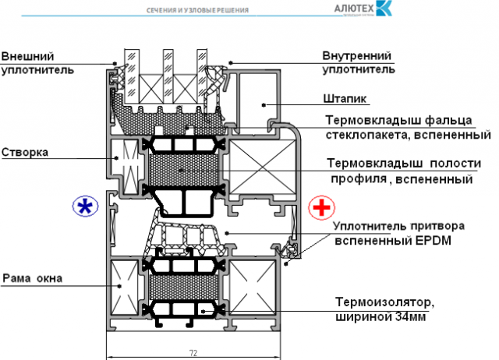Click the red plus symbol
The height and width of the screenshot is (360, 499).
320,208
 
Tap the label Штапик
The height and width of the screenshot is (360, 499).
345,100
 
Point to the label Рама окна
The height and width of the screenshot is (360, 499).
32,277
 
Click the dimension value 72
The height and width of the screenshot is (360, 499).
193,353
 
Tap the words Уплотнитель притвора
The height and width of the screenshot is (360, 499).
398,226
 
